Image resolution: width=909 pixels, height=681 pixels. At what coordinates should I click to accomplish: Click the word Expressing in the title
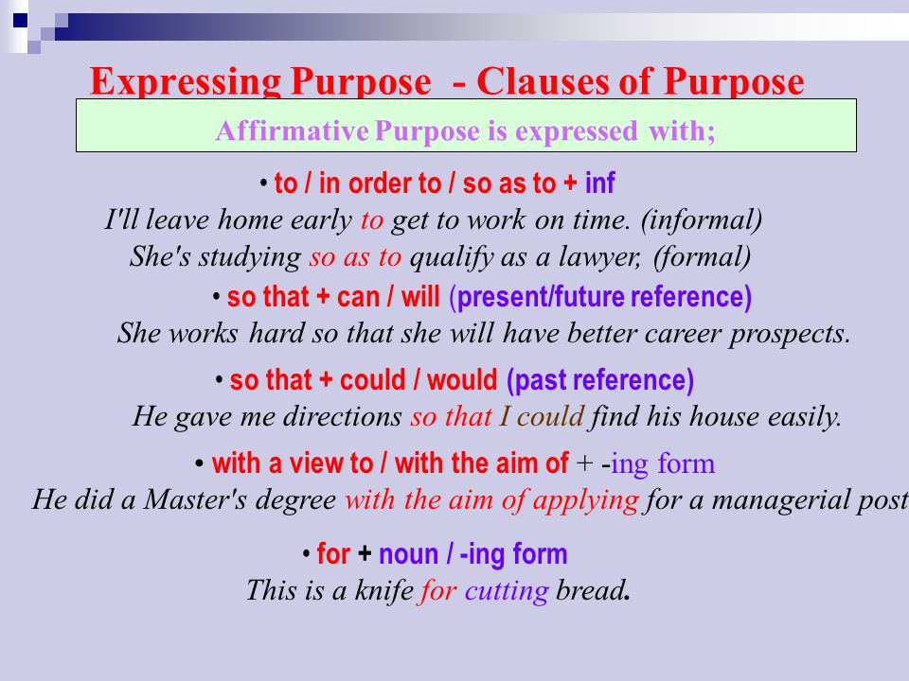[179, 83]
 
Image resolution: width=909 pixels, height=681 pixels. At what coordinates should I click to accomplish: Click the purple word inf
[600, 183]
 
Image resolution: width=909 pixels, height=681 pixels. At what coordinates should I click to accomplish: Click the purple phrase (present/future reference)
[600, 298]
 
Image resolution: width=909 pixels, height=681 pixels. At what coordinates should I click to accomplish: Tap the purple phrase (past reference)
[600, 381]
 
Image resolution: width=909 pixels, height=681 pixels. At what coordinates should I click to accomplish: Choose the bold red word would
[462, 381]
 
